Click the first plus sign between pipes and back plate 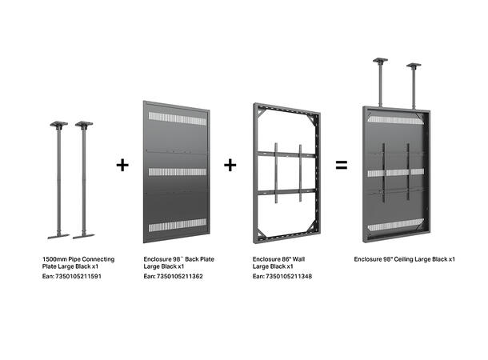pyautogui.click(x=122, y=166)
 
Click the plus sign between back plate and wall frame pyautogui.click(x=230, y=166)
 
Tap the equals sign pyautogui.click(x=342, y=166)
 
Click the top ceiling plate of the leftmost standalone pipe pyautogui.click(x=58, y=124)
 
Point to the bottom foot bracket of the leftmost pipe pyautogui.click(x=58, y=236)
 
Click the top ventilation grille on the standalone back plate pyautogui.click(x=176, y=119)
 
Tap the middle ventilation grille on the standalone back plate pyautogui.click(x=176, y=172)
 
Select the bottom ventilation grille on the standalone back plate pyautogui.click(x=176, y=226)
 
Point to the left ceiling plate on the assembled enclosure pyautogui.click(x=381, y=61)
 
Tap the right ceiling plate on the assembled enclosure pyautogui.click(x=414, y=66)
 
